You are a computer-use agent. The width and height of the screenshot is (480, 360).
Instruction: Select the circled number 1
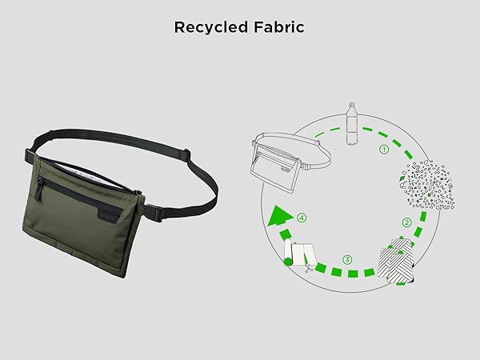pyautogui.click(x=384, y=149)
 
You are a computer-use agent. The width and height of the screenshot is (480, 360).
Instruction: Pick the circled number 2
pyautogui.click(x=406, y=222)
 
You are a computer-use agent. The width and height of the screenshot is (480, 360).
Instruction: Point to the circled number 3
pyautogui.click(x=346, y=259)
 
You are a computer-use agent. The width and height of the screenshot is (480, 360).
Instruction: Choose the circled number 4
pyautogui.click(x=302, y=217)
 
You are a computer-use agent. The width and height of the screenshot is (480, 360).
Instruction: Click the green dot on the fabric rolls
pyautogui.click(x=289, y=262)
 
